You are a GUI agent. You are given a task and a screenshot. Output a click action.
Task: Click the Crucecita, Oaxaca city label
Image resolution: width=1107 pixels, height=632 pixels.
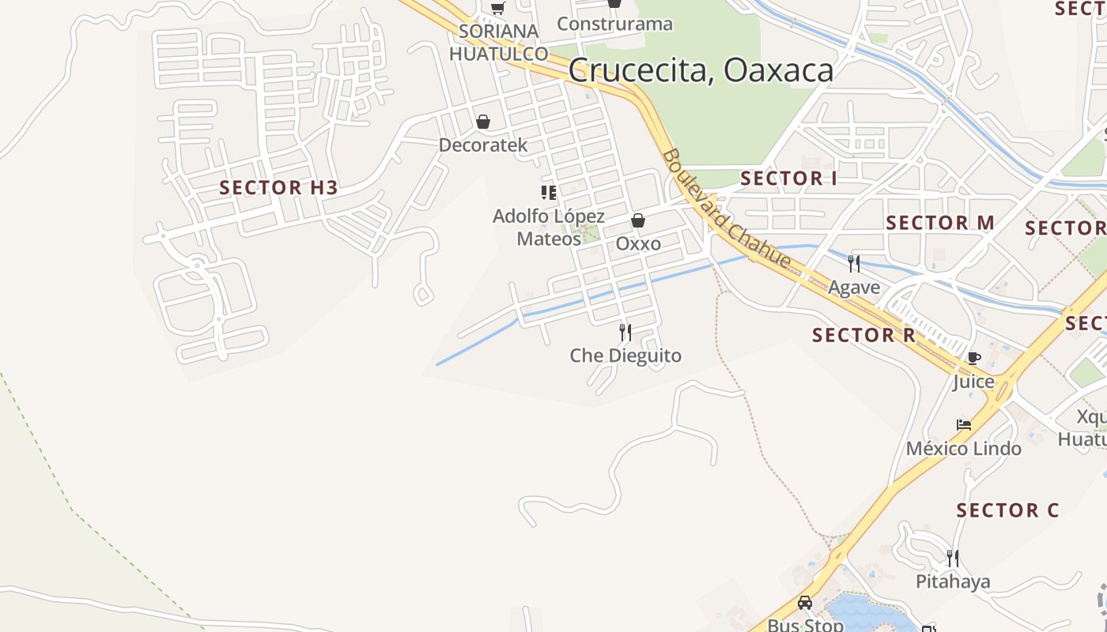click(701, 70)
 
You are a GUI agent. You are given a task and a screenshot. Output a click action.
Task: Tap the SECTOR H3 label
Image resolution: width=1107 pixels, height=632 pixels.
click(278, 188)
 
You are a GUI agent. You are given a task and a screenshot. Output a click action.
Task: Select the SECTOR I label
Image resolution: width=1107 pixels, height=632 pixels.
click(788, 179)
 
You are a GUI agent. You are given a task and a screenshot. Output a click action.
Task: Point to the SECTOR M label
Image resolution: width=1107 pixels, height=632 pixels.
click(940, 223)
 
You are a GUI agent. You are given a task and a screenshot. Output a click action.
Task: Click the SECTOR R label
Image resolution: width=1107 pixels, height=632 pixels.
click(863, 335)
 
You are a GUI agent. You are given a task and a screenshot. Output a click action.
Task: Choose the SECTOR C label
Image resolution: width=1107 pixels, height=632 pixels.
click(1007, 510)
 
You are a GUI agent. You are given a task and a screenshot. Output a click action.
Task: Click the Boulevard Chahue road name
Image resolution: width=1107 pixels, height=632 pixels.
click(726, 209)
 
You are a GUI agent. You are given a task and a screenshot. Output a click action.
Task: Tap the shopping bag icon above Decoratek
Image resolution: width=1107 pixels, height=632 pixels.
click(483, 122)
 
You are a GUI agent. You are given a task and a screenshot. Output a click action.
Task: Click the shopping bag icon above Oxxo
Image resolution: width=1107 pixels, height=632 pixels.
click(638, 220)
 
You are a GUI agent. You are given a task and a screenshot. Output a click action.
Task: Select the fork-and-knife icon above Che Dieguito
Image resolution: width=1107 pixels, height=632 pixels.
click(625, 332)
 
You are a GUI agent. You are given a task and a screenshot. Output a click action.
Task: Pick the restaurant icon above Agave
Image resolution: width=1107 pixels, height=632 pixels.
click(854, 264)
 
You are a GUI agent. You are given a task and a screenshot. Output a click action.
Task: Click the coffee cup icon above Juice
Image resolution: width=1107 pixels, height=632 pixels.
click(973, 358)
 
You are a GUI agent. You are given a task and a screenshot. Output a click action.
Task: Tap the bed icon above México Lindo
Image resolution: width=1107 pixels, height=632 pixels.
click(963, 425)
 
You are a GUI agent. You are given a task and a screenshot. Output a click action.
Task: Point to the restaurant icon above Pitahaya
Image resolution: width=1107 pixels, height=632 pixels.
click(953, 558)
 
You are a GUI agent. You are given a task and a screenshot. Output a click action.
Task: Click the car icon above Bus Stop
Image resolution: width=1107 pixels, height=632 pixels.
click(805, 603)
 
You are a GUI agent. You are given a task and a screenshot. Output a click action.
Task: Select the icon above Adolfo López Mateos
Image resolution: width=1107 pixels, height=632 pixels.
click(549, 192)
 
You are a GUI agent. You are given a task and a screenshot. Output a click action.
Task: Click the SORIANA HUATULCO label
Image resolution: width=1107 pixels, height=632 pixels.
click(498, 43)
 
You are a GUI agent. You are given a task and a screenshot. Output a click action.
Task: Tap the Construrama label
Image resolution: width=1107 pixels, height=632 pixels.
click(614, 24)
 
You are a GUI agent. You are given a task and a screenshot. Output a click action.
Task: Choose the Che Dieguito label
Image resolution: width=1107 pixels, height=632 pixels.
click(625, 355)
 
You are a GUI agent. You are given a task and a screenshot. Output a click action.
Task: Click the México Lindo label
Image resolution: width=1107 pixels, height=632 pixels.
click(963, 449)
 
